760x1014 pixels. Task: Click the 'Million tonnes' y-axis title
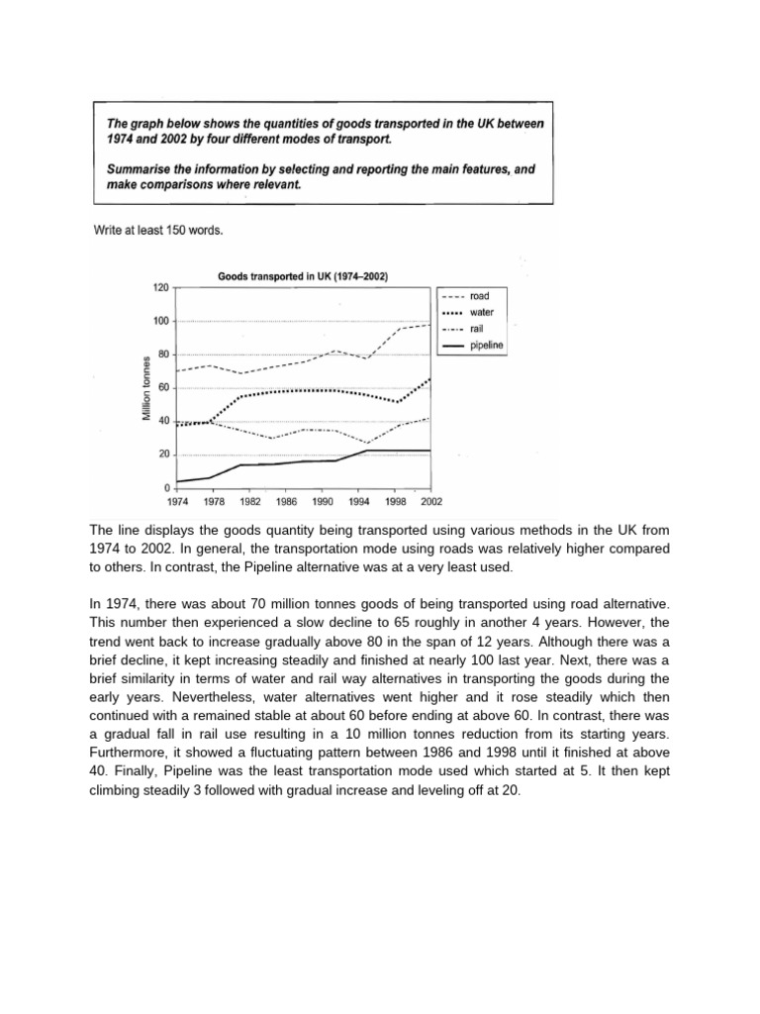coord(146,388)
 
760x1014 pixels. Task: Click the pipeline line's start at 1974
coord(176,482)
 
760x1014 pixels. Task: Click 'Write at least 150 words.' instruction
coord(157,231)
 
